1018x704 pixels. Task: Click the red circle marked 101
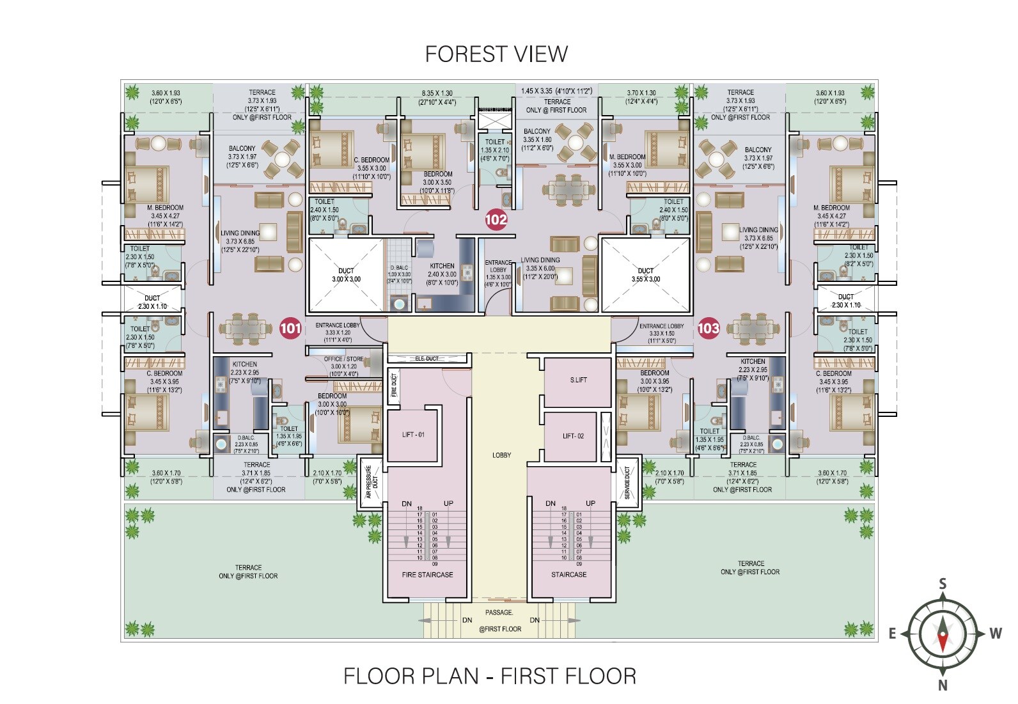coord(290,329)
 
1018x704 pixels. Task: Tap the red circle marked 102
coord(496,220)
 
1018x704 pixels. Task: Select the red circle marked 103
coord(708,329)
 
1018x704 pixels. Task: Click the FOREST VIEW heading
coord(496,54)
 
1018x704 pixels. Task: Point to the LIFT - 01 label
coord(413,435)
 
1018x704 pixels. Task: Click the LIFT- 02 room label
coord(573,436)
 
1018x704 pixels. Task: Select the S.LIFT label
coord(578,380)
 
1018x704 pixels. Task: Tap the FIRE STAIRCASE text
coord(427,575)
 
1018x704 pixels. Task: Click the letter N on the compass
coord(943,685)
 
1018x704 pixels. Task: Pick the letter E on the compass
coord(892,634)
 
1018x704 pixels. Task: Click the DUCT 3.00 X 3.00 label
coord(346,275)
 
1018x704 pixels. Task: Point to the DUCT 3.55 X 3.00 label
coord(646,275)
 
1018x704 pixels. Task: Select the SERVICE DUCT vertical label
coord(627,483)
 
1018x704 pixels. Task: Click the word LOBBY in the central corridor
coord(501,455)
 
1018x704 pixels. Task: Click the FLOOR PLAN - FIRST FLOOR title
coord(490,677)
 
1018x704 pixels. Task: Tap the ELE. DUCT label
coord(427,359)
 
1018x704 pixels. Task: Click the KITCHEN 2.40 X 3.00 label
coord(442,270)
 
